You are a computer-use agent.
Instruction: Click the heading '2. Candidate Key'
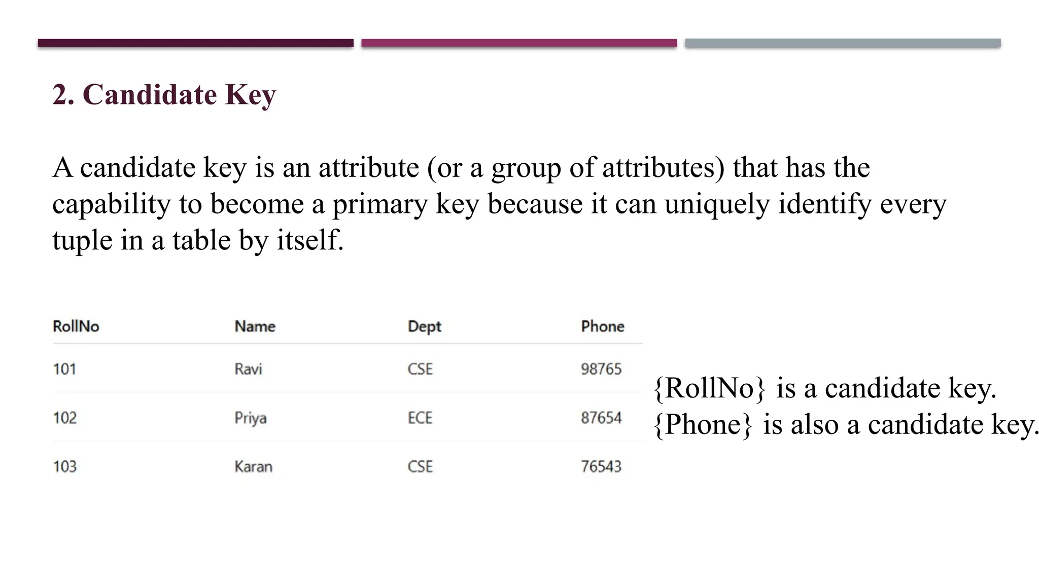(164, 95)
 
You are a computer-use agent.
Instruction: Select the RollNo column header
(76, 326)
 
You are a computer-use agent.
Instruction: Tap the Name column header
(255, 326)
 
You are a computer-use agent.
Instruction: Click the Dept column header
(424, 326)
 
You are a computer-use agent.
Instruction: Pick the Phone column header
(602, 326)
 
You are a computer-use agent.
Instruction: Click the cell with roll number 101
(65, 369)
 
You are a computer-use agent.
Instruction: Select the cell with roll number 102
(65, 418)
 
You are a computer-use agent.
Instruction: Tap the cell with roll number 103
(65, 466)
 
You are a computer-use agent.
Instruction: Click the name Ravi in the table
(248, 369)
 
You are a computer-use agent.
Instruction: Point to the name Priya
(250, 418)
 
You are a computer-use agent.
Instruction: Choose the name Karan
(253, 466)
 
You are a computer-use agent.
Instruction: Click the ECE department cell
(420, 418)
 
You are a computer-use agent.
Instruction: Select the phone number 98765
(601, 369)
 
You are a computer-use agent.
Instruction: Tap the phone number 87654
(601, 418)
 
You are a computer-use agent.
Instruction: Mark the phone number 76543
(601, 466)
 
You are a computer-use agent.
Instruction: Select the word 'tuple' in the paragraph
(82, 240)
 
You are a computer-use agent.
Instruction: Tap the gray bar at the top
(843, 43)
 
